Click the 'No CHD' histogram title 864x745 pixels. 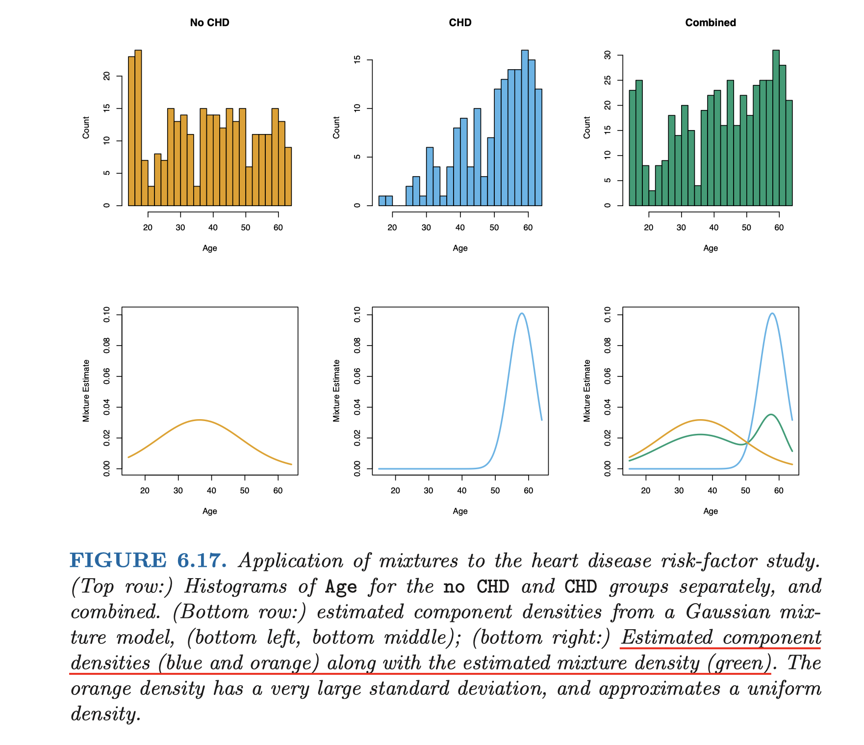pyautogui.click(x=209, y=23)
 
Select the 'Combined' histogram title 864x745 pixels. pyautogui.click(x=710, y=23)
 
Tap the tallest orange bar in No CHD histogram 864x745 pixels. pyautogui.click(x=138, y=128)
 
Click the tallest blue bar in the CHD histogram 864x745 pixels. pyautogui.click(x=525, y=128)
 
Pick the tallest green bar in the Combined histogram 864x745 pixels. pyautogui.click(x=776, y=128)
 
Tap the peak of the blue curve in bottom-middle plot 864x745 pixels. pyautogui.click(x=522, y=313)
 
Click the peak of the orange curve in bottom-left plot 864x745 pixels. pyautogui.click(x=199, y=420)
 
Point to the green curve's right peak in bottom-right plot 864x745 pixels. pyautogui.click(x=771, y=415)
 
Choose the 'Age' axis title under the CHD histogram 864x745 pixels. pyautogui.click(x=460, y=248)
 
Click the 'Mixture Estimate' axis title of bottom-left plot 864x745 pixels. pyautogui.click(x=86, y=391)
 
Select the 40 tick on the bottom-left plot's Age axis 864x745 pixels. pyautogui.click(x=211, y=491)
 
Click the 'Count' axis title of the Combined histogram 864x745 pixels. pyautogui.click(x=587, y=128)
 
